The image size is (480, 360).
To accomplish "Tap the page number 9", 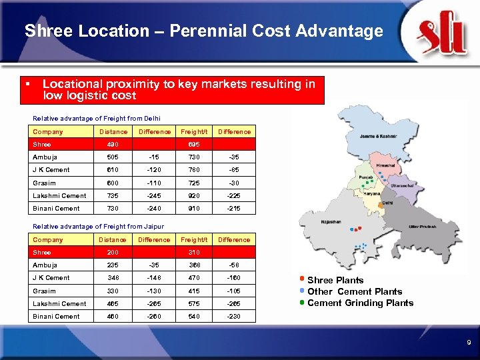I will point(468,343).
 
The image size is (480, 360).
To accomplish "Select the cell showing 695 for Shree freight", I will point(193,144).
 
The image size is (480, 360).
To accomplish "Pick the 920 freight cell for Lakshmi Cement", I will point(193,195).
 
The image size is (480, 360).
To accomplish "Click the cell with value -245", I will point(154,195).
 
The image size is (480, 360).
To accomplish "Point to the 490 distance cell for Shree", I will point(112,144).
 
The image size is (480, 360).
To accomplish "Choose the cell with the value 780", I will point(193,169).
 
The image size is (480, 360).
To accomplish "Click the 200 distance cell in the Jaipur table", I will point(112,252).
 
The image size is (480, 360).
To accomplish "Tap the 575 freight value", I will point(193,303).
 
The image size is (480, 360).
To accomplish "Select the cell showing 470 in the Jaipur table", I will point(193,277).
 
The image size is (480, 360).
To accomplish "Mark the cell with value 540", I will point(193,316).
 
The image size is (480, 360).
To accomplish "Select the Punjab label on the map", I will point(366,177).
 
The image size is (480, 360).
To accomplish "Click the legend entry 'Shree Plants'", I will point(335,280).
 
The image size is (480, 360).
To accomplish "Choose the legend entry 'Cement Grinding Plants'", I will point(360,303).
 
